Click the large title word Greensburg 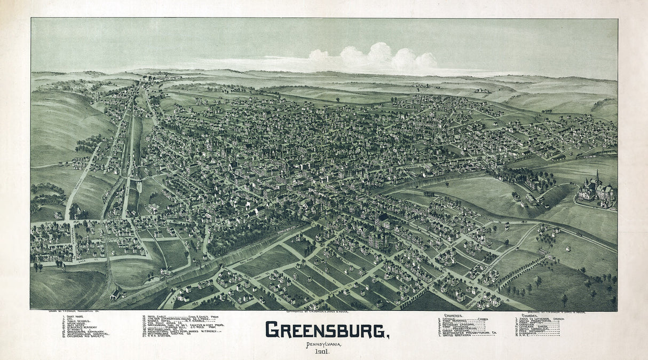click(327, 330)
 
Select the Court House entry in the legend click(72, 317)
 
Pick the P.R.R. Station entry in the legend click(160, 337)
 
